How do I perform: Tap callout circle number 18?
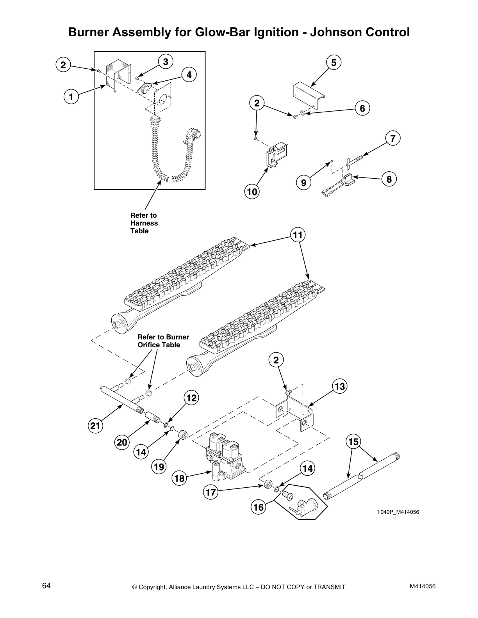pyautogui.click(x=180, y=478)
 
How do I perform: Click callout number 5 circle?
pyautogui.click(x=334, y=63)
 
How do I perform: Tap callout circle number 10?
pyautogui.click(x=252, y=192)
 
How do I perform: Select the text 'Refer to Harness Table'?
pyautogui.click(x=144, y=223)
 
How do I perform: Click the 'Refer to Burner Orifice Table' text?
pyautogui.click(x=163, y=341)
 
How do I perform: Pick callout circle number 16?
pyautogui.click(x=259, y=507)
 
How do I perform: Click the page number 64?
pyautogui.click(x=46, y=586)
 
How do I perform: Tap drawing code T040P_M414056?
pyautogui.click(x=398, y=512)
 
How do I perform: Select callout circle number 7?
pyautogui.click(x=393, y=138)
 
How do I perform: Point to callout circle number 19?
pyautogui.click(x=159, y=467)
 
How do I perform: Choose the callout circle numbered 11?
pyautogui.click(x=298, y=235)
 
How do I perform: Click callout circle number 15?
pyautogui.click(x=353, y=442)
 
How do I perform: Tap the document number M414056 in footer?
pyautogui.click(x=423, y=586)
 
